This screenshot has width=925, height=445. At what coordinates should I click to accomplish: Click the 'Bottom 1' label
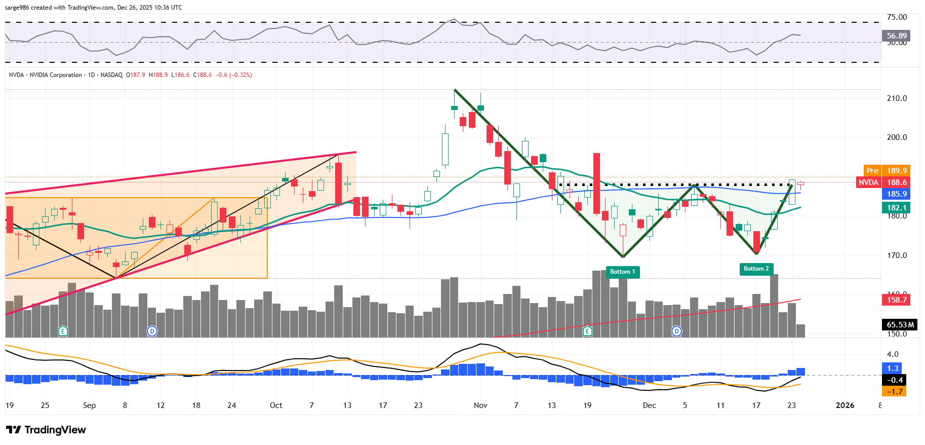[622, 272]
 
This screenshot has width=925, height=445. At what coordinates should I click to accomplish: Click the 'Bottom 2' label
[756, 269]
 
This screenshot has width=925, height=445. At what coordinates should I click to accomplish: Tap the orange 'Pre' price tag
[872, 171]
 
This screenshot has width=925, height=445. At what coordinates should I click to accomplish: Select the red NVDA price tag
[868, 182]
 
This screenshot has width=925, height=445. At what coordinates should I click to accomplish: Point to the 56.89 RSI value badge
[896, 36]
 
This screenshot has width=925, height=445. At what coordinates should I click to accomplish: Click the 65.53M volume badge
[900, 324]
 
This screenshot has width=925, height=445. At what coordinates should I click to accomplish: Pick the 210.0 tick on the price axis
[897, 98]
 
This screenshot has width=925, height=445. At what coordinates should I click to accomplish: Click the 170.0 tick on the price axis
[897, 255]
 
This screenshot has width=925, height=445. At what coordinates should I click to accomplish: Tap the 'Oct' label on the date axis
[276, 405]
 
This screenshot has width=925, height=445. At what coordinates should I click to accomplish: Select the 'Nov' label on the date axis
[480, 405]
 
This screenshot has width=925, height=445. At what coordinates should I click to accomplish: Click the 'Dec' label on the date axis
[649, 405]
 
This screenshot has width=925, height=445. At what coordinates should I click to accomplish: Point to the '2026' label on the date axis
[845, 405]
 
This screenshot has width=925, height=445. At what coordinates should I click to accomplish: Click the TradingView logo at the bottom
[46, 430]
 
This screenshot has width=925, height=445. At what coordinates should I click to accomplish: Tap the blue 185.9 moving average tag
[896, 194]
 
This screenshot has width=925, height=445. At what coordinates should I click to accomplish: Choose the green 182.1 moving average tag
[896, 207]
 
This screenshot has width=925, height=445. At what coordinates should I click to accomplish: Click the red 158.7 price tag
[896, 300]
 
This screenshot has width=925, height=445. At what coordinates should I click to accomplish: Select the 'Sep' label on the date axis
[89, 405]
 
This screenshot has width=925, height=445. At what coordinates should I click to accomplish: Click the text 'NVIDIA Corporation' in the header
[56, 75]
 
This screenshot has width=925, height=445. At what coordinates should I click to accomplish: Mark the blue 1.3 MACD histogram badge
[893, 368]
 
